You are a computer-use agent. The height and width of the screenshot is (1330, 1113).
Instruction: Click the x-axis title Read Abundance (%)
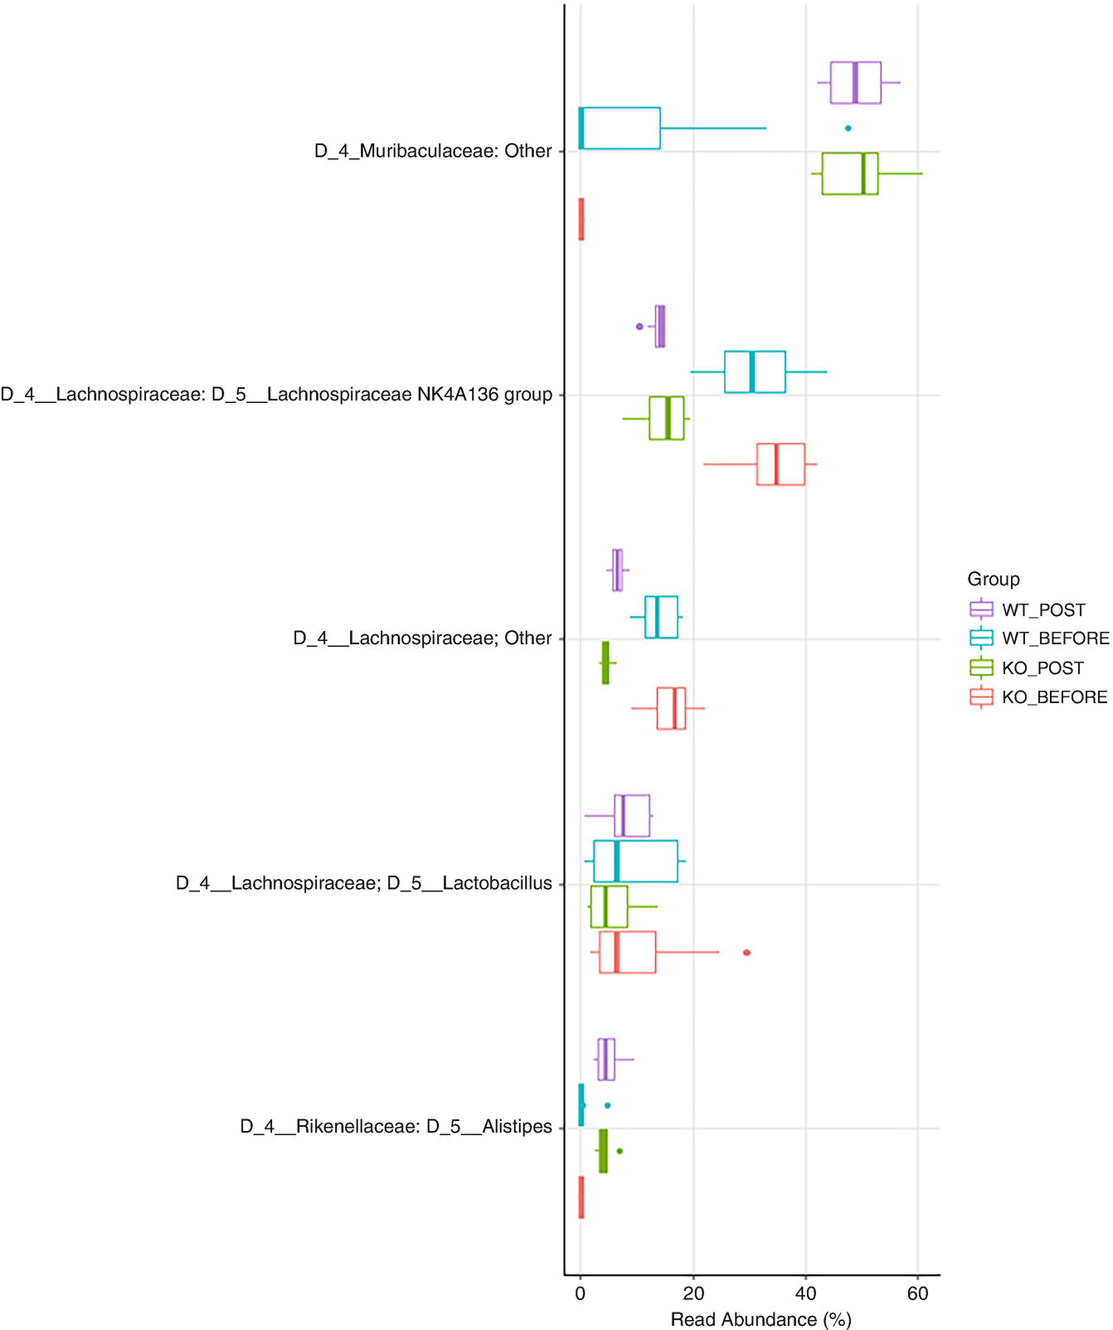point(761,1319)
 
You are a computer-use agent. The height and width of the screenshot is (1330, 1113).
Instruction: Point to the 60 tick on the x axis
point(917,1294)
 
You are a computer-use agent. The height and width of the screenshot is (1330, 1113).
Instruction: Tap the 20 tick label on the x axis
point(693,1294)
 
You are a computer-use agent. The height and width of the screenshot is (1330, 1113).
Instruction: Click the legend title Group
point(993,579)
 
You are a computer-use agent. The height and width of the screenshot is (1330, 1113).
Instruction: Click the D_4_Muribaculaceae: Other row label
point(432,151)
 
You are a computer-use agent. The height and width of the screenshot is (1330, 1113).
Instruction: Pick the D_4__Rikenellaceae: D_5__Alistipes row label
point(396,1127)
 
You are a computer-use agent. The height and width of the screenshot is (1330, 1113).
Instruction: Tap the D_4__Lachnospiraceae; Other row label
point(422,638)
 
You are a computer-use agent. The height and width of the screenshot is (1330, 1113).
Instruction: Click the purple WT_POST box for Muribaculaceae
point(855,83)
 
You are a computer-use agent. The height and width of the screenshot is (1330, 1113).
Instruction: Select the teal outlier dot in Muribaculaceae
point(848,129)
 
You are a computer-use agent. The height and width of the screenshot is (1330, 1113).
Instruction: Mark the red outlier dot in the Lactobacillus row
point(746,953)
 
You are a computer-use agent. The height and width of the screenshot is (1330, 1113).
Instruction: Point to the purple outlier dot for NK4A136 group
point(639,327)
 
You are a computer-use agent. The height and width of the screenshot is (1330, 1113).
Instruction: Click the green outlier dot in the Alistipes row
point(620,1151)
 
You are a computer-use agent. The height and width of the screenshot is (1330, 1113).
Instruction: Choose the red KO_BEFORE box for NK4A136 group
point(780,464)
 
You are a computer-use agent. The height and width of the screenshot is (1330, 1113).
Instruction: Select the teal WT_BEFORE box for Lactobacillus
point(635,862)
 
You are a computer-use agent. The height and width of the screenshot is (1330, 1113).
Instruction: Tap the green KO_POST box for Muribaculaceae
point(849,173)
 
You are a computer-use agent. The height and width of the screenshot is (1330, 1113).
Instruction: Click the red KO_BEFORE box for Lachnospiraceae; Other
point(671,708)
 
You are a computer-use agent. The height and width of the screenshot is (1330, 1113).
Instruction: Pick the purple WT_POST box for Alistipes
point(606,1059)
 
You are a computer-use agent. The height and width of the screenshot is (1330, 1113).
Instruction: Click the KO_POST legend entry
point(1042,668)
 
